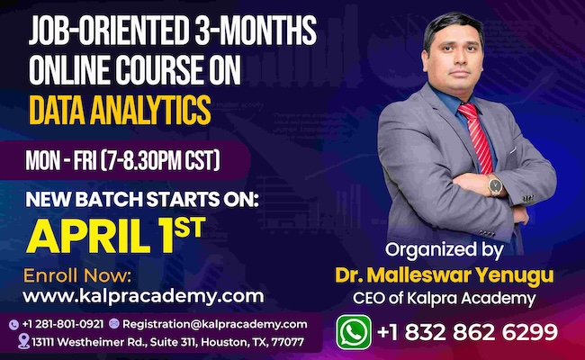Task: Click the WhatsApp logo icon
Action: click(x=354, y=331)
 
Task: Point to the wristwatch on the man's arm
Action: click(x=495, y=185)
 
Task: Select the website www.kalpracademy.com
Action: click(x=143, y=295)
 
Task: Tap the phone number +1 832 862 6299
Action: click(x=467, y=332)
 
